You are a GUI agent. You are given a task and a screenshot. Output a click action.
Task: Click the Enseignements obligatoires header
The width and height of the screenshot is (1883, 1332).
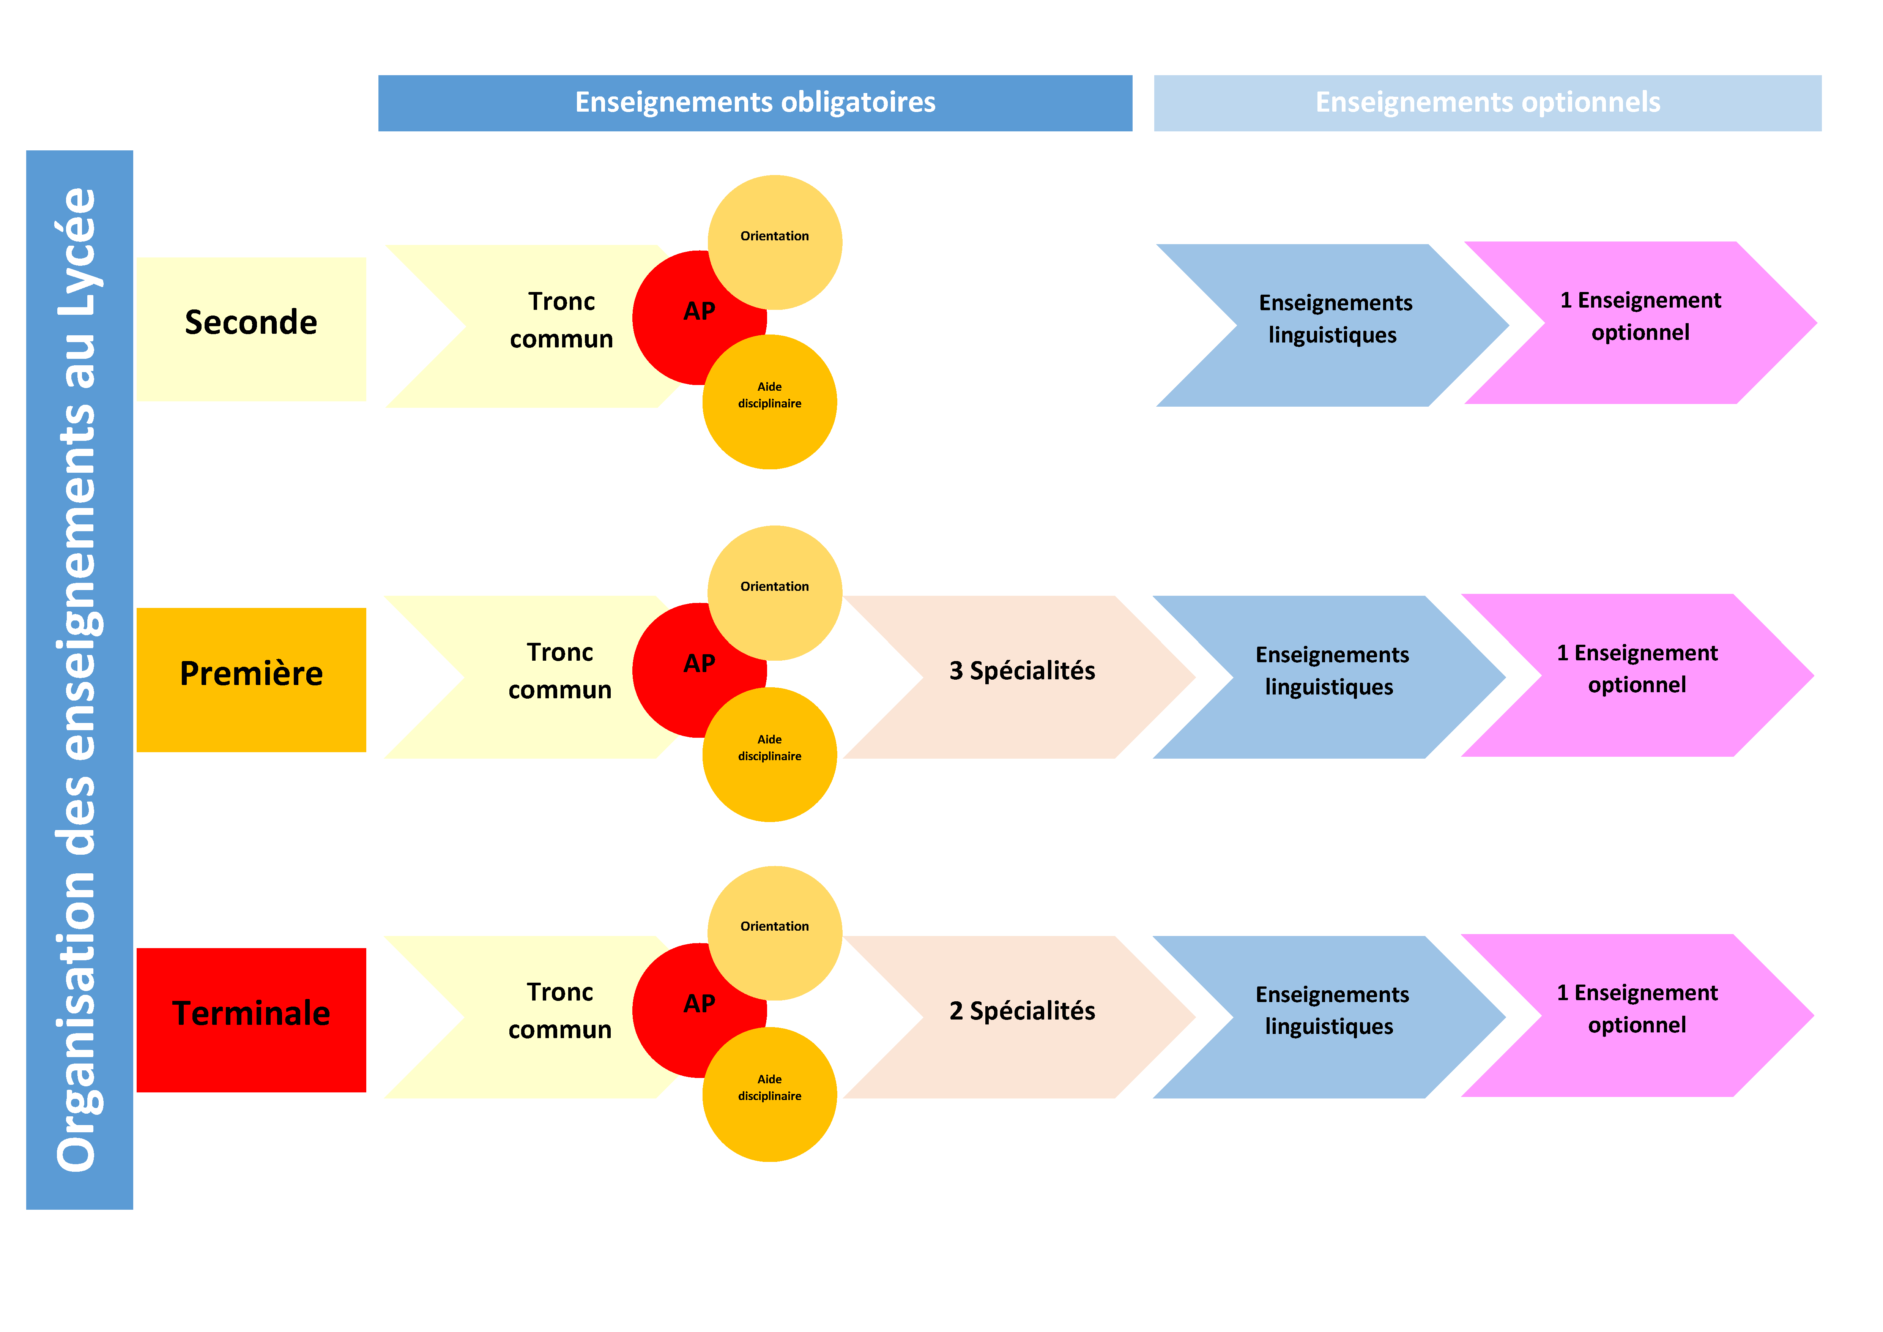(x=755, y=103)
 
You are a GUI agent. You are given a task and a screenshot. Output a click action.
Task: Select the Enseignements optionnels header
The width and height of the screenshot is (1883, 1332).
(x=1487, y=103)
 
